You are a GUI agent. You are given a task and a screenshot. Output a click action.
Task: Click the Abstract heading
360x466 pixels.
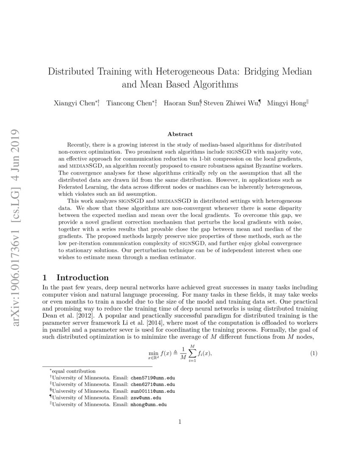pos(180,134)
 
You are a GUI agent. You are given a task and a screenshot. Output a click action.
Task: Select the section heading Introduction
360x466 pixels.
pos(83,278)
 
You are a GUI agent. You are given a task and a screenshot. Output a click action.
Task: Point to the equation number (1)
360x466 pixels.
pos(314,353)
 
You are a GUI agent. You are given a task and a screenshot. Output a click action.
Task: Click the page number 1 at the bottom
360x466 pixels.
pos(180,422)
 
